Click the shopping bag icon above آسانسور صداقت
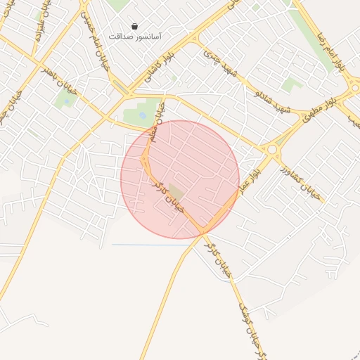(134, 26)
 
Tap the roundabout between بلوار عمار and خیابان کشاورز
(272, 149)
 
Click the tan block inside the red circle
(176, 191)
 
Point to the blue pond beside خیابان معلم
(143, 115)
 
